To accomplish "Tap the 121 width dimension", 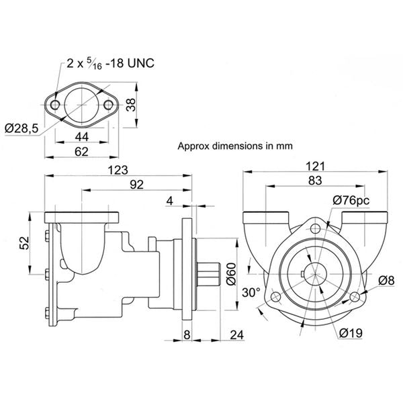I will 315,166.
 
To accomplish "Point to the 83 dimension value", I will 315,180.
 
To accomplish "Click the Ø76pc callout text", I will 351,199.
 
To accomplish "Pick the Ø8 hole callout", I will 385,279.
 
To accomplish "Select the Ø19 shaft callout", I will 350,331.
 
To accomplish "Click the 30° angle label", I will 251,293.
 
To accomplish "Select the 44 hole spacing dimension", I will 81,137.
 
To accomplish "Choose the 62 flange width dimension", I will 81,152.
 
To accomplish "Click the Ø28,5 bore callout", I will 20,128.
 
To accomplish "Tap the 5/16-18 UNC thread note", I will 110,64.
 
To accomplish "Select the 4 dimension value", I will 169,200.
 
